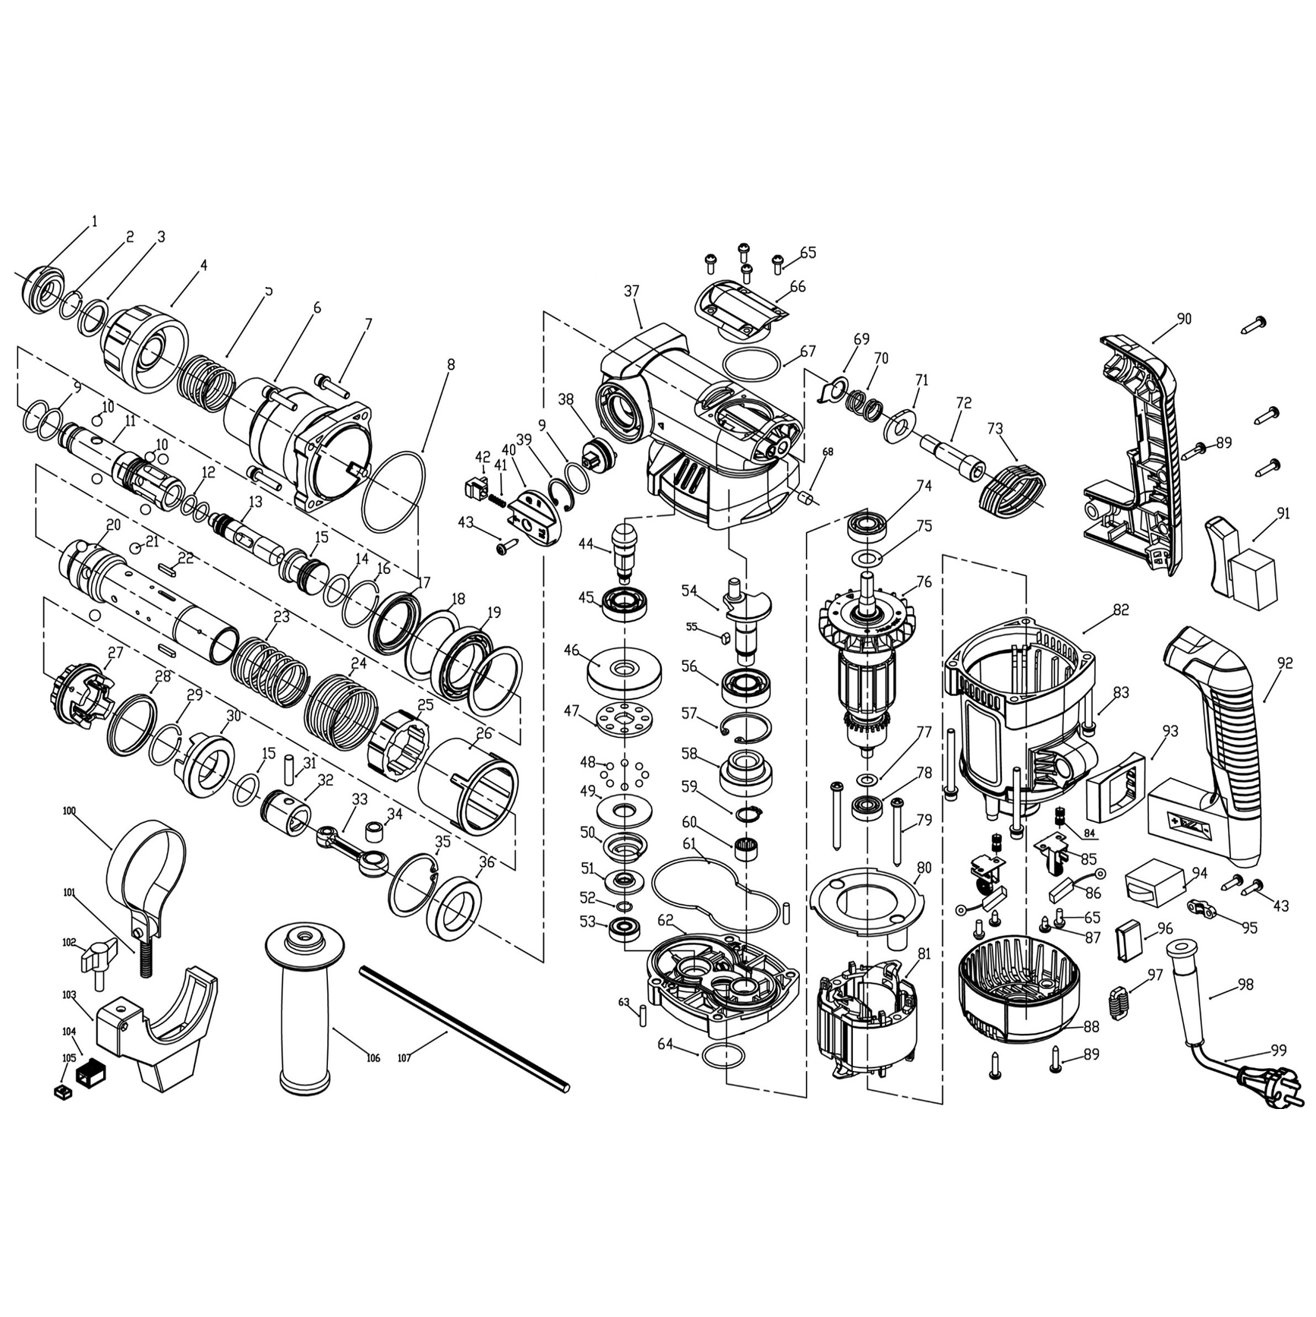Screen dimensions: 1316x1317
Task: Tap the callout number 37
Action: click(x=631, y=291)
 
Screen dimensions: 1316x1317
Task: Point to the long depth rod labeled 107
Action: click(x=464, y=1029)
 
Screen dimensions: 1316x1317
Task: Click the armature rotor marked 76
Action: click(x=866, y=666)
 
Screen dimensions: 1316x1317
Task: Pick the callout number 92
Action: click(x=1284, y=663)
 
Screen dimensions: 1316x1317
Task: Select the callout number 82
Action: click(x=1120, y=610)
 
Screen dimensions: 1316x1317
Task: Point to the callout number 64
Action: click(x=665, y=1044)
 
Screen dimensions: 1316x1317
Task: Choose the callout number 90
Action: click(x=1184, y=319)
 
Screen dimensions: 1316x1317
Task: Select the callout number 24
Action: click(x=358, y=663)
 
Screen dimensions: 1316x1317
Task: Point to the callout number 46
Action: click(x=571, y=651)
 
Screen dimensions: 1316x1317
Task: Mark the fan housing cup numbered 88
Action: click(x=1017, y=994)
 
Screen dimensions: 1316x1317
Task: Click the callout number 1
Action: click(x=94, y=222)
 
